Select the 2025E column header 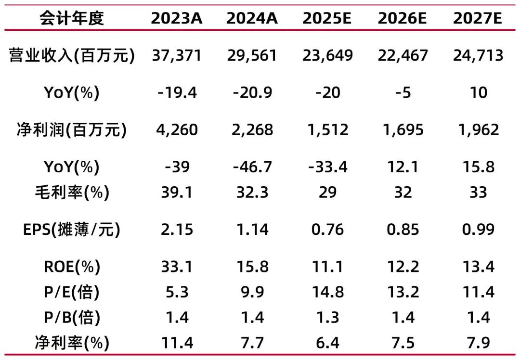click(x=327, y=18)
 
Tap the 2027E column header click(x=478, y=18)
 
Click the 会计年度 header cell click(x=72, y=18)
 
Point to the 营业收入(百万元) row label click(x=72, y=55)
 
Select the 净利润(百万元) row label click(x=72, y=130)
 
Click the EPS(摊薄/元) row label click(x=72, y=230)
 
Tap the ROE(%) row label click(x=72, y=267)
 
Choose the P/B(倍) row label click(x=72, y=318)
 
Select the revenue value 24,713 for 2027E click(x=478, y=55)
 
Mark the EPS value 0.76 click(x=327, y=230)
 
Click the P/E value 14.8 click(x=327, y=292)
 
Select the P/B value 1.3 click(x=327, y=318)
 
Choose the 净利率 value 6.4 click(x=327, y=343)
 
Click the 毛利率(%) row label click(x=72, y=193)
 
